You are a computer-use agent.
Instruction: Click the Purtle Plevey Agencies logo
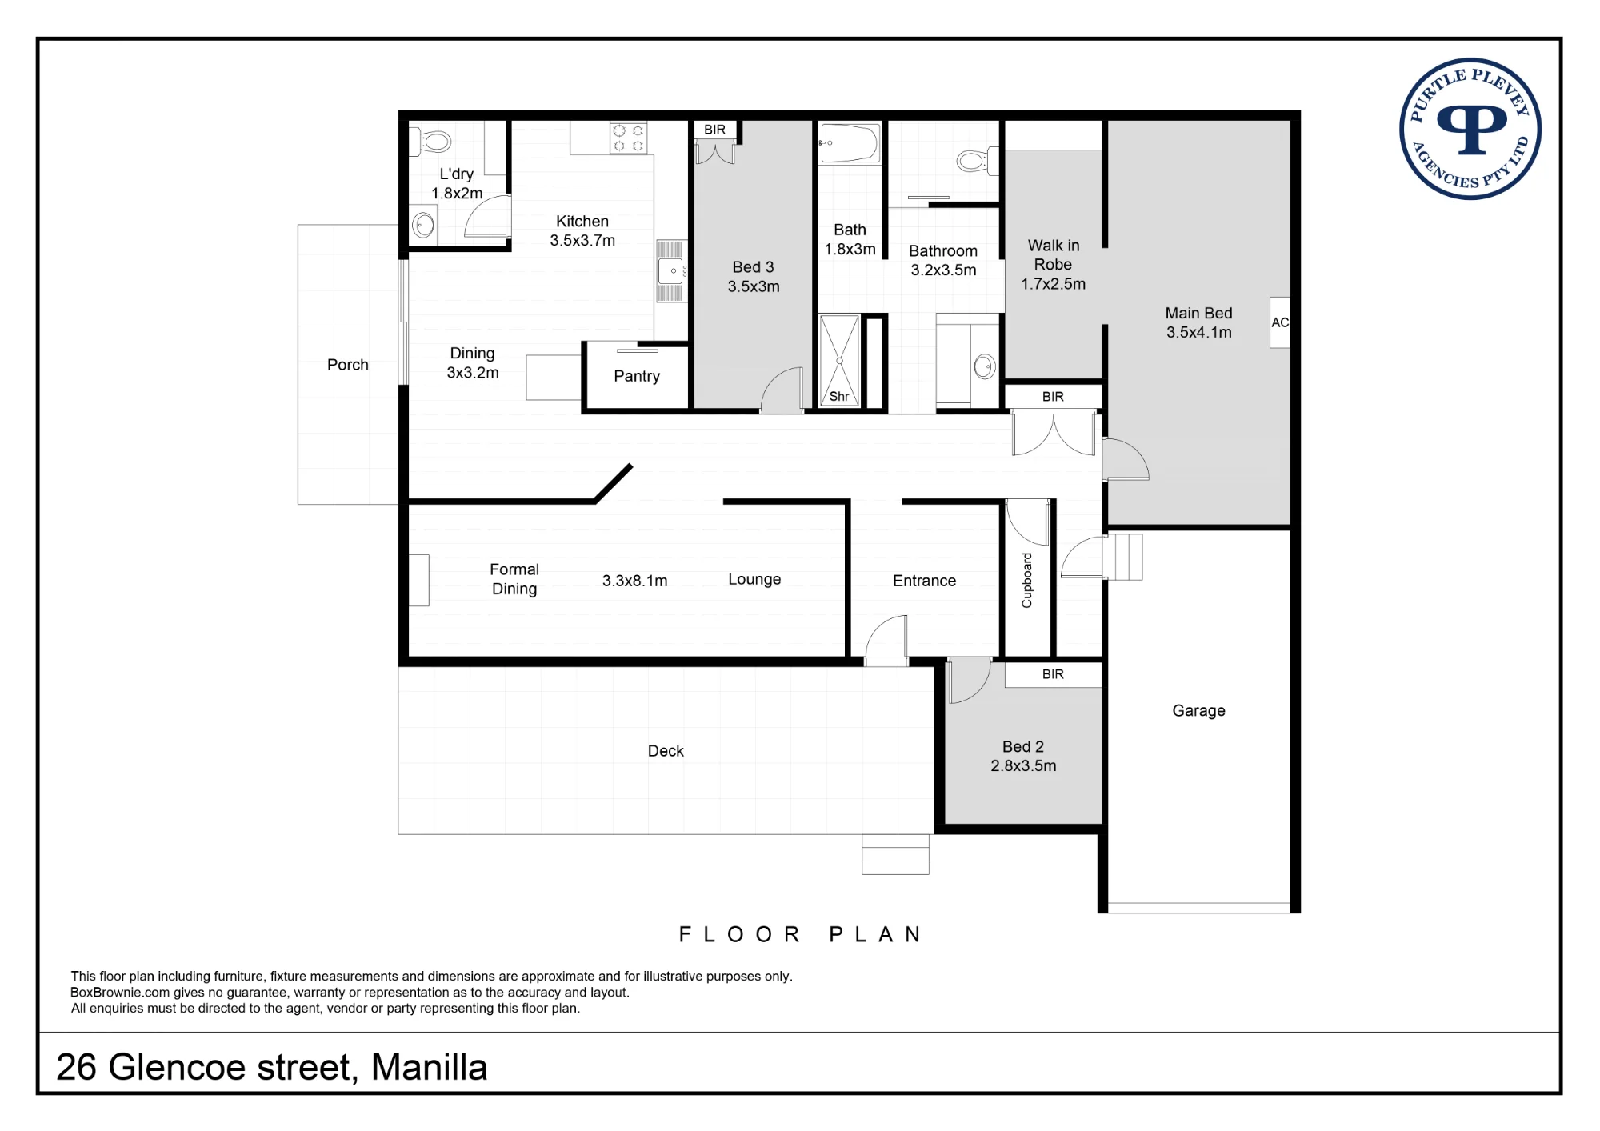tap(1470, 129)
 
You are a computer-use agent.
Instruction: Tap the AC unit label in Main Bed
tap(1280, 322)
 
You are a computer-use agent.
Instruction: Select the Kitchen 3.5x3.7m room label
tap(582, 230)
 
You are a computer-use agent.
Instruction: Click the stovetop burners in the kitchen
tap(628, 138)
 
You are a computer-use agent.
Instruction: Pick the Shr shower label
tap(839, 396)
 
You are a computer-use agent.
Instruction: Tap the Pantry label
tap(637, 377)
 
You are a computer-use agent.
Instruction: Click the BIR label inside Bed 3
tap(715, 130)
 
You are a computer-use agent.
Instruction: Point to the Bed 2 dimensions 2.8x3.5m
tap(1023, 765)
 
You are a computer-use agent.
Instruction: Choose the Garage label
tap(1198, 710)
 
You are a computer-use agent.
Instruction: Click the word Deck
tap(666, 751)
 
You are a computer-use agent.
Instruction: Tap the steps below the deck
tap(895, 854)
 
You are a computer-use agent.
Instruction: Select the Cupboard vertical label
tap(1027, 580)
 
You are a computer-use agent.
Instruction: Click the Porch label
tap(348, 365)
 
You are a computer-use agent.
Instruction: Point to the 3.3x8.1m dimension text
tap(634, 581)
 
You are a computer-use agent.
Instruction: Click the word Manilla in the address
tap(429, 1067)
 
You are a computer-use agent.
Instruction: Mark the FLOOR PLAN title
tap(800, 934)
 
